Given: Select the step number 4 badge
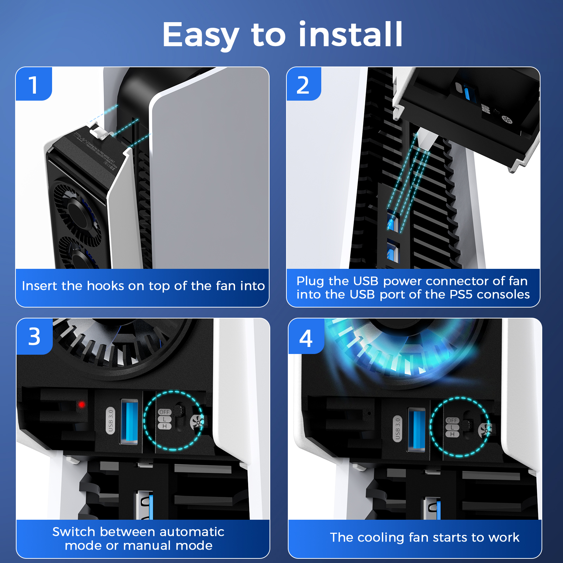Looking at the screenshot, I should [x=306, y=338].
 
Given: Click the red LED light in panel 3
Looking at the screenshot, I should [x=82, y=405].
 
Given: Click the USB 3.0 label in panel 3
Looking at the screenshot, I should [x=110, y=420].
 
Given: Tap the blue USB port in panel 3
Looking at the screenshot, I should [x=129, y=422].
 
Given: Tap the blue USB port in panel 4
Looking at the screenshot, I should [x=417, y=429].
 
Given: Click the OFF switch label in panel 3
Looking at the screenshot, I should [x=164, y=412].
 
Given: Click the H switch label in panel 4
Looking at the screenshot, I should [x=452, y=435].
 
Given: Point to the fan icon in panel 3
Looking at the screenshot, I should [x=197, y=421].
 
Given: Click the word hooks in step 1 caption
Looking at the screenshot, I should [x=106, y=286].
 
